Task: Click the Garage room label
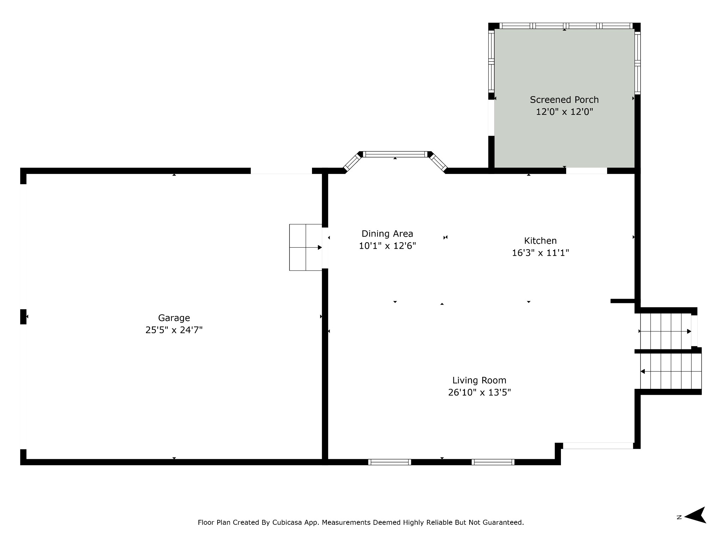174,318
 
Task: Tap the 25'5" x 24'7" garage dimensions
174,330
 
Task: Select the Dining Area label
387,234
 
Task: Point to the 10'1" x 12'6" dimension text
387,246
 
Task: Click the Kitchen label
540,241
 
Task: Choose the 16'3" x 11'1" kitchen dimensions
540,253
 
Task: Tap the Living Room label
479,380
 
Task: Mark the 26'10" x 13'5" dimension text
479,392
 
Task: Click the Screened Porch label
564,100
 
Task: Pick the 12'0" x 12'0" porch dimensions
564,112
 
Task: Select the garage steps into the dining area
306,247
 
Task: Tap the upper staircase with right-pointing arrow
666,331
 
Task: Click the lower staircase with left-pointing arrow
671,371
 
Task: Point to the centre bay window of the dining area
395,154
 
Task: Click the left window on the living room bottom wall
390,462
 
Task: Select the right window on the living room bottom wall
493,462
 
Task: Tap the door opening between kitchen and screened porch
587,171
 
